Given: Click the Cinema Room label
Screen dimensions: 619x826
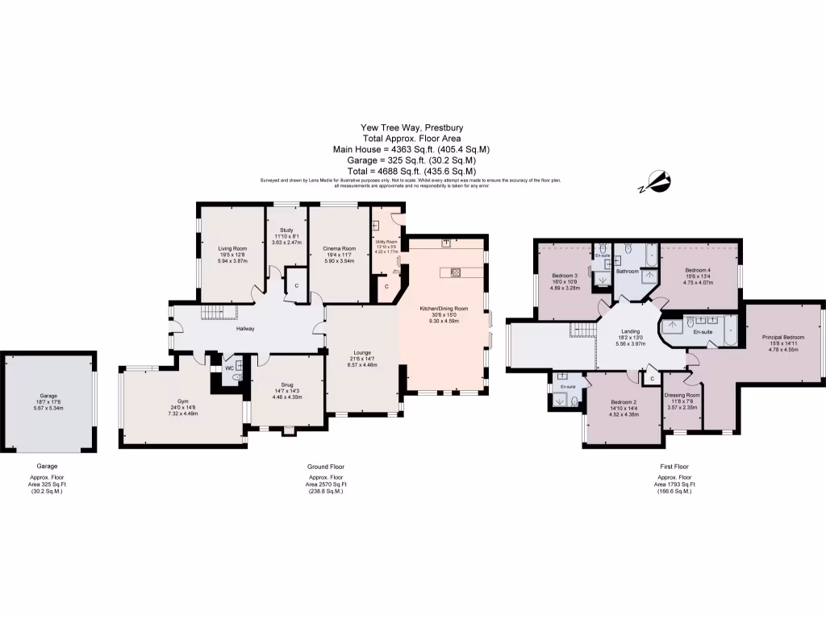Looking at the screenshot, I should pyautogui.click(x=339, y=248).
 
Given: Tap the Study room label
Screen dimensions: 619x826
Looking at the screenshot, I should pyautogui.click(x=286, y=230).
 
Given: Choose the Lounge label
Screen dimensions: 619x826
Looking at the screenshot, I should pyautogui.click(x=361, y=352).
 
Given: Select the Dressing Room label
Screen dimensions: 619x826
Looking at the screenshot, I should pyautogui.click(x=682, y=395).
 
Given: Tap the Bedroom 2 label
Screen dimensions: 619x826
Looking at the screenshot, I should pyautogui.click(x=624, y=401).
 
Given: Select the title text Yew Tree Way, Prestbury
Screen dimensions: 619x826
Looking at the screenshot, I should pyautogui.click(x=411, y=127).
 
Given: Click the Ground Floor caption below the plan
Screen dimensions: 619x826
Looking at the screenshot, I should pyautogui.click(x=326, y=467).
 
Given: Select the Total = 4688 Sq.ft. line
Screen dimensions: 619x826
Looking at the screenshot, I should pyautogui.click(x=411, y=172).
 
